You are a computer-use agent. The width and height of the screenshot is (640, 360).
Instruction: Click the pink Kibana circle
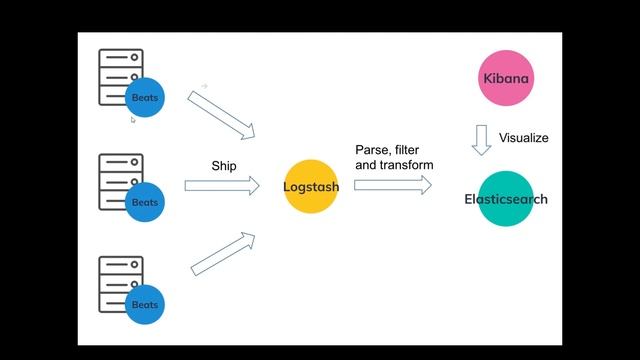click(x=505, y=78)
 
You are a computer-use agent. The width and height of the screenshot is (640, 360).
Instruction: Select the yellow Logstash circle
click(x=311, y=186)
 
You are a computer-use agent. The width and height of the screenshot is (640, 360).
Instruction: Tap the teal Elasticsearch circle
click(x=505, y=199)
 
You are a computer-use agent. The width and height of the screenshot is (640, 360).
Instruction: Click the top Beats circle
click(x=145, y=97)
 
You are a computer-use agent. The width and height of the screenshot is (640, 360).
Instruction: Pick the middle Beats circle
click(x=145, y=201)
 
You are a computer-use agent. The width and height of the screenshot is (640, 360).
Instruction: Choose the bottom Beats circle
click(x=145, y=304)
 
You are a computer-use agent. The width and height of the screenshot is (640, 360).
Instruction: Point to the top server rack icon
click(x=118, y=75)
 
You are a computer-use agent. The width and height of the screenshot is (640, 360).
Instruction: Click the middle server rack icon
click(x=118, y=180)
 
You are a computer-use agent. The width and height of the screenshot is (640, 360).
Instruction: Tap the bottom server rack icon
click(x=118, y=283)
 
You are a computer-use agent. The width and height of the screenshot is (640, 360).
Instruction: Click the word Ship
click(x=224, y=165)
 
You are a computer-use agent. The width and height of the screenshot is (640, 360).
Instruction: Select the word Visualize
click(x=523, y=138)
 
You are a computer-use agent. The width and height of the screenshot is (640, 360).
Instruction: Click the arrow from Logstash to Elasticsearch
click(x=392, y=185)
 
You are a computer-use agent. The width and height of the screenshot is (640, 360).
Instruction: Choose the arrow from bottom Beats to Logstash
click(x=222, y=254)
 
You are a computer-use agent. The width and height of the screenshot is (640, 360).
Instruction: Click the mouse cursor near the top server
click(x=132, y=120)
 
